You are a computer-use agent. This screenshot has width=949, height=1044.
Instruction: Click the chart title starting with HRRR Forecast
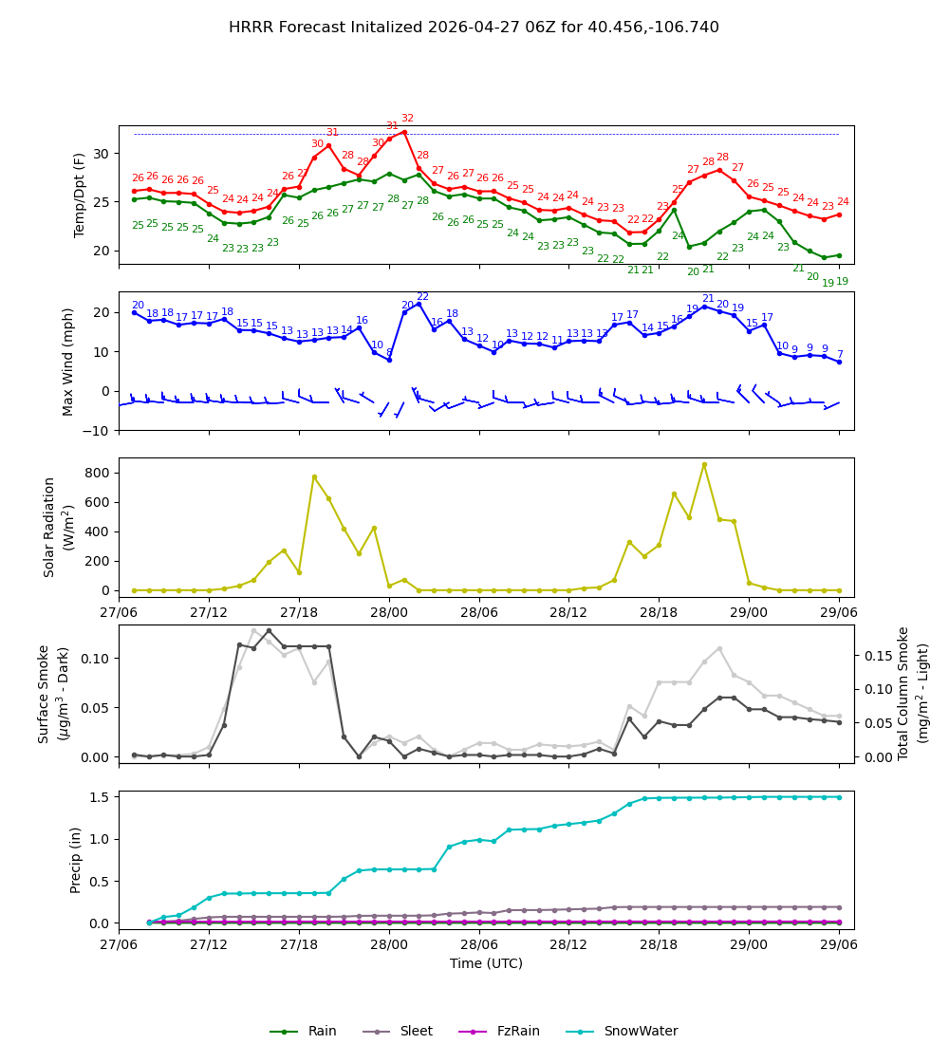474,28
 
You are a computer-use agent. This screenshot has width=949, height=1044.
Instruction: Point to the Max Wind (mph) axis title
68,361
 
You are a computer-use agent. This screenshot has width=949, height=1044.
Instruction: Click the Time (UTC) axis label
486,963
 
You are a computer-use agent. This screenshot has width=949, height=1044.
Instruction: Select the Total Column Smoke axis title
912,693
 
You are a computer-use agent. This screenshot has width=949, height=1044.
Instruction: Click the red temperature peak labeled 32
404,132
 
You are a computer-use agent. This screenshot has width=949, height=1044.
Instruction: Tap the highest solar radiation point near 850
704,464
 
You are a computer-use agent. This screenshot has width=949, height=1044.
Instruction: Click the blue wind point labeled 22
419,304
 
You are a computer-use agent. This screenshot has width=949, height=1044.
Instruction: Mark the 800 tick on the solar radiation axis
98,473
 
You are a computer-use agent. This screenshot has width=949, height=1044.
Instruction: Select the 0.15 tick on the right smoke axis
881,656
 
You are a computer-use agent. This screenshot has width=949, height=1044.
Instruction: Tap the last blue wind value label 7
839,354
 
